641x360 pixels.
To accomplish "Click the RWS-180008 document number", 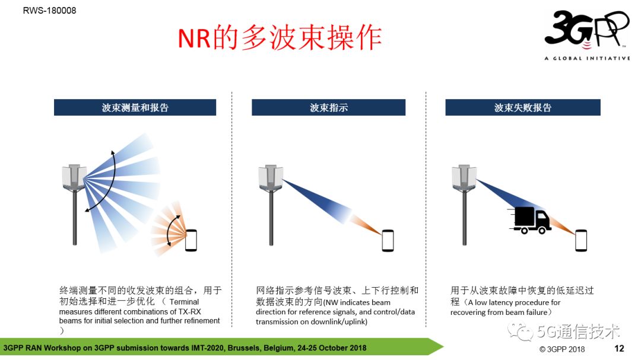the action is tap(49, 11).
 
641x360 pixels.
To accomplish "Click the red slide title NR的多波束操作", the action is tap(280, 37).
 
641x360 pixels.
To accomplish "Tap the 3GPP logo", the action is tap(586, 29).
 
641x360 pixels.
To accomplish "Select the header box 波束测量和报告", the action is tap(135, 107).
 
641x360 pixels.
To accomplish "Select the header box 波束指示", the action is tap(329, 107).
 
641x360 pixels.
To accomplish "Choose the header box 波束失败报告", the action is tap(523, 107).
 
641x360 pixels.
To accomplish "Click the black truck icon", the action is tap(530, 220).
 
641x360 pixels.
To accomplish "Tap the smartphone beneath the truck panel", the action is tap(581, 240).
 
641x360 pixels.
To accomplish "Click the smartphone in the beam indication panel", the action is tap(388, 240).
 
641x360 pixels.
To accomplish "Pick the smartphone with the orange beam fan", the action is tap(191, 240).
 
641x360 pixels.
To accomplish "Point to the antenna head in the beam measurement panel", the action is tap(74, 177).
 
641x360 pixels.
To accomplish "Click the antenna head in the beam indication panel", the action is tap(271, 177).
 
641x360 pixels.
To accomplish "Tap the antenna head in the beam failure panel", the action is tap(464, 177).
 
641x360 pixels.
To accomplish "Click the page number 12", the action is tap(619, 348).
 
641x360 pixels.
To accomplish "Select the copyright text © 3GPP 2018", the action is tap(562, 349).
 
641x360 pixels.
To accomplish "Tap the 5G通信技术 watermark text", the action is tap(579, 332).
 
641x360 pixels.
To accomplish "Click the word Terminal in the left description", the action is tap(185, 302).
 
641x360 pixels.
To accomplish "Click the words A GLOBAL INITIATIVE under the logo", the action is tap(587, 59).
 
